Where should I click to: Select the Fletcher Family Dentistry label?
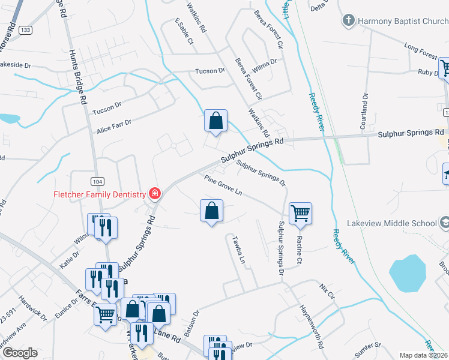click(100, 194)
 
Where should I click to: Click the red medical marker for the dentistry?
click(154, 193)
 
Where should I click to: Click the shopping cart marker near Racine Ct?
click(300, 213)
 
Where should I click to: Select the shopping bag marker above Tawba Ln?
click(211, 211)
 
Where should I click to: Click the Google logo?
click(19, 353)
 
